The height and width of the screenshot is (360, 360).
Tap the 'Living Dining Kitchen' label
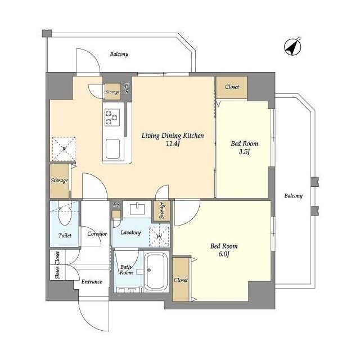click(172, 136)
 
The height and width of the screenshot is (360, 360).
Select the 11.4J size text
click(172, 144)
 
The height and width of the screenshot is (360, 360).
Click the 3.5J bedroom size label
click(244, 152)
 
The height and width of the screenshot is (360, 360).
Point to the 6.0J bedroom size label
click(224, 255)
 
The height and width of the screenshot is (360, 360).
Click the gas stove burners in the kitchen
click(111, 116)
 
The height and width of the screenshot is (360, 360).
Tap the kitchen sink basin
click(112, 149)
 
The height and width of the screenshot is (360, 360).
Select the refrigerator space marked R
click(64, 148)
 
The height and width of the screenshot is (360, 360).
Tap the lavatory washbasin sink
click(136, 209)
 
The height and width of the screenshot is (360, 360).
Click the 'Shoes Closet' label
click(57, 264)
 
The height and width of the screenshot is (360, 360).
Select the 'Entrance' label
click(91, 281)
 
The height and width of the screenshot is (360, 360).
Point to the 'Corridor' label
click(97, 233)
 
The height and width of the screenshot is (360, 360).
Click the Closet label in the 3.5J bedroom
click(232, 87)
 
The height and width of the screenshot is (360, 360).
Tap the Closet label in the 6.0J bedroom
click(181, 280)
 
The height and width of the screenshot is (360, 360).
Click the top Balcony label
click(119, 55)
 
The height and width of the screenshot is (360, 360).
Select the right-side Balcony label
click(292, 196)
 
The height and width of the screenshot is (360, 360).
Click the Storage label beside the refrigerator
click(60, 181)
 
